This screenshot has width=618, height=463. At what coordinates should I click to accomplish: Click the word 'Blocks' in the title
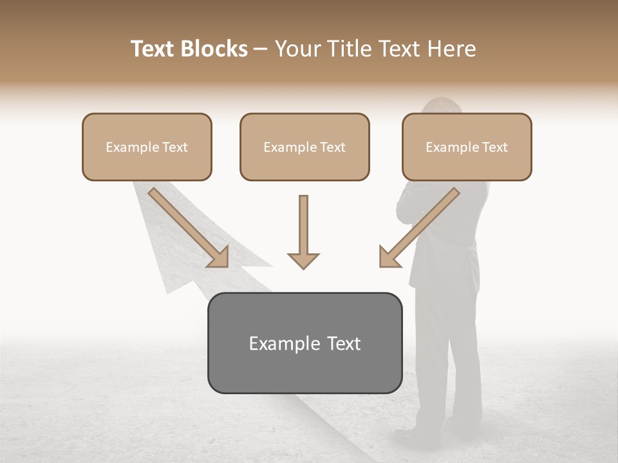click(214, 49)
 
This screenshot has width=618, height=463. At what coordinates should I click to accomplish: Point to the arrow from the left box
click(188, 228)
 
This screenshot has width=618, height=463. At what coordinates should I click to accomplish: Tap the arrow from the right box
click(418, 228)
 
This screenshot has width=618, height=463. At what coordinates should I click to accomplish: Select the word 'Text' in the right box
click(494, 147)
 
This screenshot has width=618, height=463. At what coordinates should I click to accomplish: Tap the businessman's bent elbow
click(403, 209)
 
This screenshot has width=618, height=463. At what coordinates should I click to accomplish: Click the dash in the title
click(260, 49)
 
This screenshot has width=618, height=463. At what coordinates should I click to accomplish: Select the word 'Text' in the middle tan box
click(332, 147)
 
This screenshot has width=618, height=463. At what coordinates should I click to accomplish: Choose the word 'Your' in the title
click(297, 49)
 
